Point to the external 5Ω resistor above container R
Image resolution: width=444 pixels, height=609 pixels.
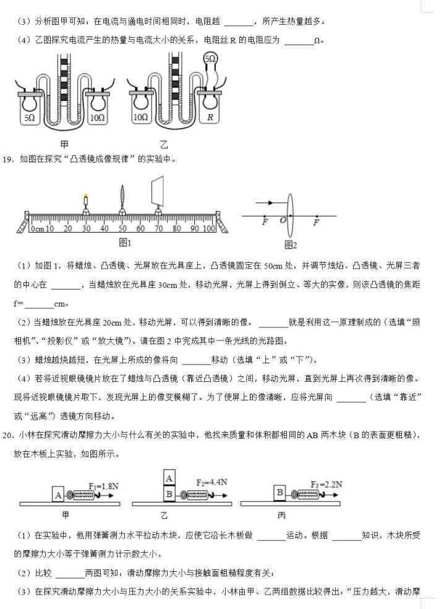210,61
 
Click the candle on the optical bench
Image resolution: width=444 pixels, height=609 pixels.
86,202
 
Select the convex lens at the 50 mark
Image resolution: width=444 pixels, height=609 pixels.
122,199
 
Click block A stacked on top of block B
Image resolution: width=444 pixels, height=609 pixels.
168,478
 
